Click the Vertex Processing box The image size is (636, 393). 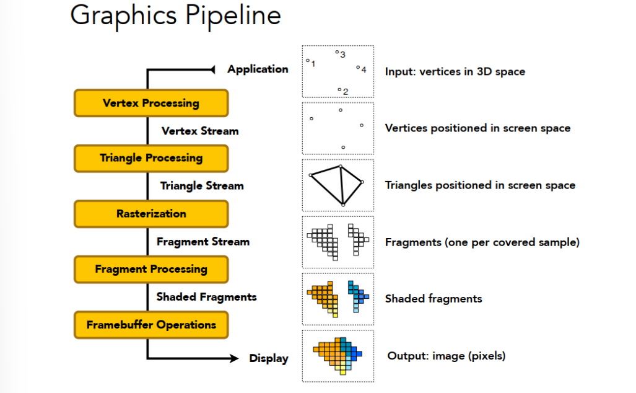pyautogui.click(x=151, y=103)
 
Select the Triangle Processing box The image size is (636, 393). pyautogui.click(x=151, y=158)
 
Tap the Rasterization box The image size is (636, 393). pyautogui.click(x=151, y=214)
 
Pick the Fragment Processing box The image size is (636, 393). pyautogui.click(x=151, y=269)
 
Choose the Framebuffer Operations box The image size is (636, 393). pyautogui.click(x=151, y=325)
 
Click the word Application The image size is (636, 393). pyautogui.click(x=258, y=69)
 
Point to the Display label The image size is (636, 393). pyautogui.click(x=269, y=358)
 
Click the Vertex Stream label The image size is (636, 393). pyautogui.click(x=199, y=131)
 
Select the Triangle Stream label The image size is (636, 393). pyautogui.click(x=202, y=185)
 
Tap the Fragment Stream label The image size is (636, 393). pyautogui.click(x=203, y=241)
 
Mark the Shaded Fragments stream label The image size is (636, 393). pyautogui.click(x=206, y=297)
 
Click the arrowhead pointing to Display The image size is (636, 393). pyautogui.click(x=235, y=358)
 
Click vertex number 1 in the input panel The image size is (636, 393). pyautogui.click(x=308, y=61)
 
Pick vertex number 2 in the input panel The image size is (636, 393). pyautogui.click(x=339, y=90)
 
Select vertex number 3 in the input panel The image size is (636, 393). pyautogui.click(x=337, y=52)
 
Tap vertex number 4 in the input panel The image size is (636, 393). pyautogui.click(x=358, y=68)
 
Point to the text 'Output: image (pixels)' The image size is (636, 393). pyautogui.click(x=446, y=356)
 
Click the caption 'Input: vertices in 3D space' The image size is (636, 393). pyautogui.click(x=455, y=71)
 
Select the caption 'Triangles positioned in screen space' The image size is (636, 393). pyautogui.click(x=480, y=185)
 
